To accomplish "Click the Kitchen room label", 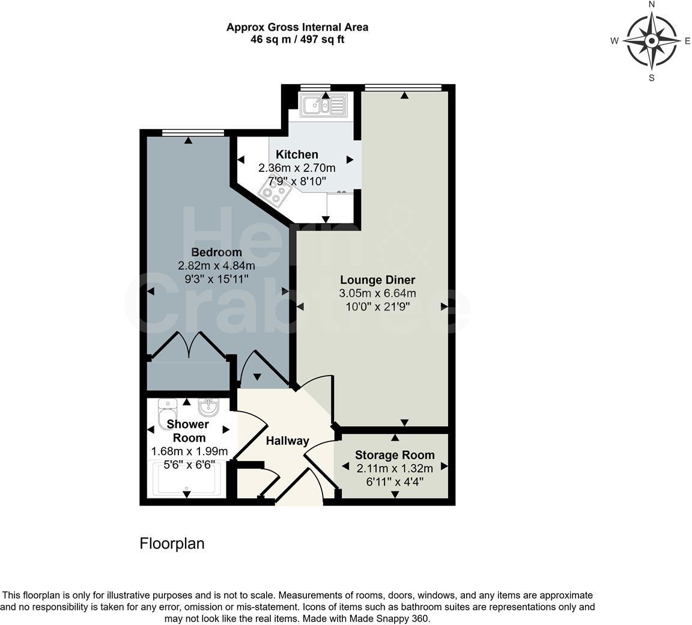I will (297, 154).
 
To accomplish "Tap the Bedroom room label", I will (216, 252).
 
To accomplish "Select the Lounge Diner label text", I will (377, 279).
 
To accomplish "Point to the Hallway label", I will (287, 441).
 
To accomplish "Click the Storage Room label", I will (395, 455).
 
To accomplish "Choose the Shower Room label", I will (189, 431).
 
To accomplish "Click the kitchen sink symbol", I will (324, 105).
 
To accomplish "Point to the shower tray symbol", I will (187, 478).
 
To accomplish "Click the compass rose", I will (651, 41).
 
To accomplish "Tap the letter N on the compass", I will (652, 5).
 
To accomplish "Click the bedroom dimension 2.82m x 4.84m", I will (216, 266).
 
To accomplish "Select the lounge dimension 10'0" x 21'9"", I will (377, 306).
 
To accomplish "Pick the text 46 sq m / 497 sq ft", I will (297, 40).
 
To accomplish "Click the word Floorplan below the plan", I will (172, 543).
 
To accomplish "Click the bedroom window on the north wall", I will (193, 133).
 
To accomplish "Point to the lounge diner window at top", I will (402, 88).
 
